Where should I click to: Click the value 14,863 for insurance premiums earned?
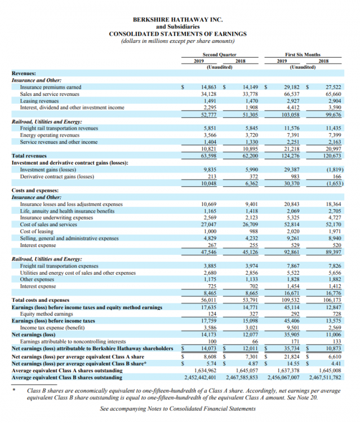(x=210, y=87)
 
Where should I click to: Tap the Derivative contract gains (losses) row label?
(x=57, y=176)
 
